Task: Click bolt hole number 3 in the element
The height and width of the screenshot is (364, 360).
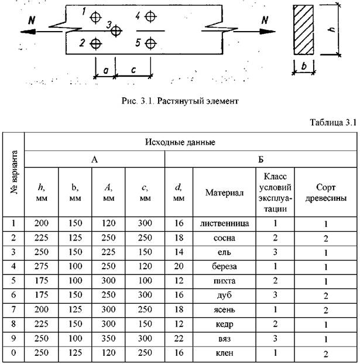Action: pos(116,30)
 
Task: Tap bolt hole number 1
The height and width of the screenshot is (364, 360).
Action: pos(95,17)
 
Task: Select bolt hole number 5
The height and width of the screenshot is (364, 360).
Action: pos(150,43)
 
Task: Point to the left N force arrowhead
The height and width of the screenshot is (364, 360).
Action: pos(28,32)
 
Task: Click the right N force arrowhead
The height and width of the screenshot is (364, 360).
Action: pos(268,32)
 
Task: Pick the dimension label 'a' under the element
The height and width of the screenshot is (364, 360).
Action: pos(106,70)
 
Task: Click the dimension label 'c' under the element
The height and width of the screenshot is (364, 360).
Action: pos(133,70)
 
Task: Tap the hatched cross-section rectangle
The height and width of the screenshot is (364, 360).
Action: pos(303,30)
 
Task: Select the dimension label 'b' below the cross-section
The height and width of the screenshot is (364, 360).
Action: pos(304,66)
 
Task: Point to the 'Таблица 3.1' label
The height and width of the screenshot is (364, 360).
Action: pos(333,122)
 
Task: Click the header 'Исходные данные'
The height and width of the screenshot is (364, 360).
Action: pos(180,142)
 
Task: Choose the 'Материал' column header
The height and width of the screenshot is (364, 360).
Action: pos(224,193)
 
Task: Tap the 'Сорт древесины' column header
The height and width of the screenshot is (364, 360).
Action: pos(325,193)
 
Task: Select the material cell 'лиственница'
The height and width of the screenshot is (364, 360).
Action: pos(224,224)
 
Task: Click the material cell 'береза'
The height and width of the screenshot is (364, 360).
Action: pos(224,266)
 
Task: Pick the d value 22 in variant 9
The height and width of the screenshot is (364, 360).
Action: pos(179,338)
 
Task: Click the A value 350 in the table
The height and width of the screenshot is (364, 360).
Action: pos(108,338)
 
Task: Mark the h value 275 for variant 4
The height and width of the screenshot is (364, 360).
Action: pos(42,266)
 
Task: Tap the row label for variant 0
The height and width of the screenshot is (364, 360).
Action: pos(13,353)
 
